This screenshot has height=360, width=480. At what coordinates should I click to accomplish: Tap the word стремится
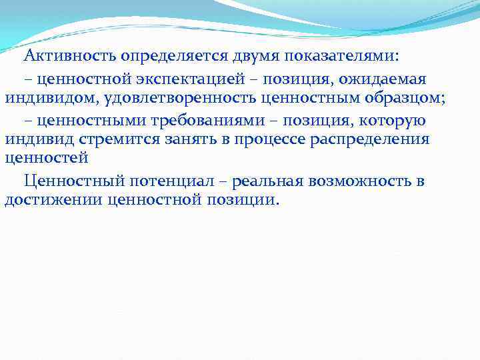tap(119, 141)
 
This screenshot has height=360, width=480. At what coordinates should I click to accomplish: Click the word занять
tap(193, 141)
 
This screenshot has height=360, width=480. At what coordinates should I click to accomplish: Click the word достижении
tap(51, 201)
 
